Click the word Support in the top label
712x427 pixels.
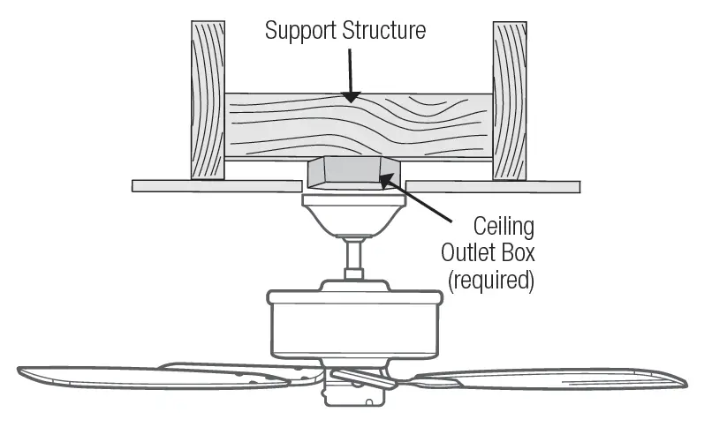[x=298, y=30]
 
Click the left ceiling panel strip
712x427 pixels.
[x=216, y=186]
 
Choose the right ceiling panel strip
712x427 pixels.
[x=494, y=186]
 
